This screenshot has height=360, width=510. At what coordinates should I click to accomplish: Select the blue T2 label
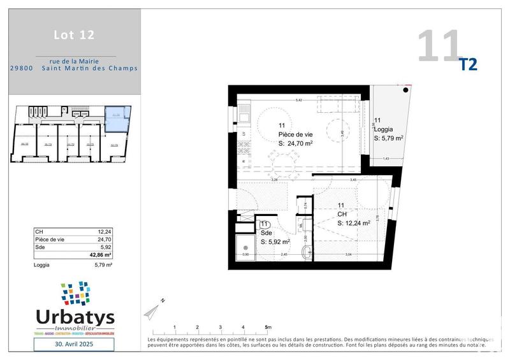click(468, 64)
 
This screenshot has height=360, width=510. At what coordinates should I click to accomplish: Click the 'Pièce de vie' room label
click(295, 135)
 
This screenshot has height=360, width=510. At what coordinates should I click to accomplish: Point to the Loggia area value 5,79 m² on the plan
click(389, 138)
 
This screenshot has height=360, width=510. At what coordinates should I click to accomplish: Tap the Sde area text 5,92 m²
click(275, 242)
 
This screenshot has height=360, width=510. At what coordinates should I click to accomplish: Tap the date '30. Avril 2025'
click(73, 344)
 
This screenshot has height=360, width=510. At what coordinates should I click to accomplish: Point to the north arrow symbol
click(152, 310)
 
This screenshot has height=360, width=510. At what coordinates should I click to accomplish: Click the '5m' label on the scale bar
click(268, 327)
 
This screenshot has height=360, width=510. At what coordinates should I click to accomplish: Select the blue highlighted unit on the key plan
click(118, 119)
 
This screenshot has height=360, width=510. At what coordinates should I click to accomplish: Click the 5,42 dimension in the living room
click(298, 101)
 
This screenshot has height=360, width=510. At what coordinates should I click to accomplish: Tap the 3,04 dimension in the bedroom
click(348, 255)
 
